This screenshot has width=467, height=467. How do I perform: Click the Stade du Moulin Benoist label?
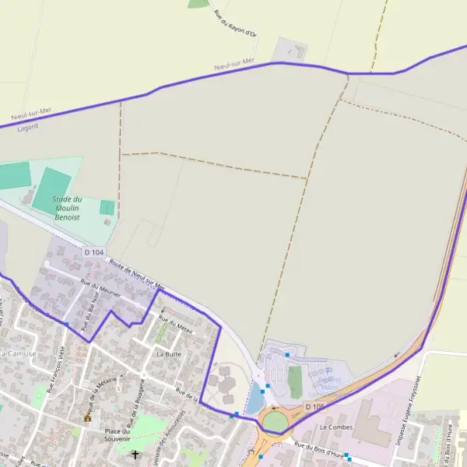coord(67,209)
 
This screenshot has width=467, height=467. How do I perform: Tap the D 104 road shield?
coord(93,252)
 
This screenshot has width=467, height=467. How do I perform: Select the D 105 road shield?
coord(314,407)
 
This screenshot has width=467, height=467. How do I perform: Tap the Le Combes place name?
coord(336,427)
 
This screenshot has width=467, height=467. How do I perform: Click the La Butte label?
coord(169,353)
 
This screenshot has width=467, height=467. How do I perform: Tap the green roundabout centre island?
coord(275,421)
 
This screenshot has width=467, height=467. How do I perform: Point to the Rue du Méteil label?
coord(176,323)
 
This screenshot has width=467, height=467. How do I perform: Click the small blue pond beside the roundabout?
coord(255,399)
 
